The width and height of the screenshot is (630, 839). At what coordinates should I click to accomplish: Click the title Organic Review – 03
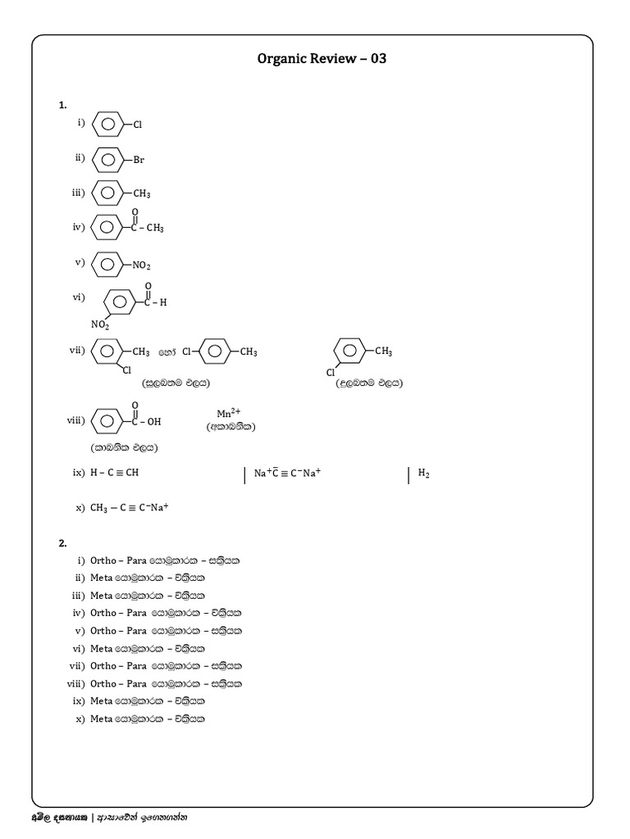(321, 60)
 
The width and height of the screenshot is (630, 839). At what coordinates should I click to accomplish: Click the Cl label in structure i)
(138, 125)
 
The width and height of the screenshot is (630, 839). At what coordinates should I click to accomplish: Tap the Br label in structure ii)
(139, 160)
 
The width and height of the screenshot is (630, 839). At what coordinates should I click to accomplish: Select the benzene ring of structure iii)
(107, 193)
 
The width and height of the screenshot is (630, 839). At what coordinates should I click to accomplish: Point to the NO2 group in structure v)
(141, 265)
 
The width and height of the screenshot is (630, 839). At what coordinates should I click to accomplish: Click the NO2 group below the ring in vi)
(100, 325)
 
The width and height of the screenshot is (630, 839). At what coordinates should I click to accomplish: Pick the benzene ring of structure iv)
(107, 228)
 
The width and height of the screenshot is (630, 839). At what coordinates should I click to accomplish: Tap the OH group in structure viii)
(154, 422)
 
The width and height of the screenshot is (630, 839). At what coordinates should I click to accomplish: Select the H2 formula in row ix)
(424, 474)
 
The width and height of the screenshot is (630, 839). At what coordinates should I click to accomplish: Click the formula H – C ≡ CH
(114, 474)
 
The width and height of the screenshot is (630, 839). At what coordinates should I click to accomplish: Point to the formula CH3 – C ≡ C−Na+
(129, 507)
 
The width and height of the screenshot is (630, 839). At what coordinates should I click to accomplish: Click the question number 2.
(62, 543)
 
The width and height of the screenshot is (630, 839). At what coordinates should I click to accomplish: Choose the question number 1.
(62, 105)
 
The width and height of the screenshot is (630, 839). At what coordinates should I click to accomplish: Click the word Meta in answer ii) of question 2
(101, 578)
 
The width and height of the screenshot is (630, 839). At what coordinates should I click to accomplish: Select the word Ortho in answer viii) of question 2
(103, 683)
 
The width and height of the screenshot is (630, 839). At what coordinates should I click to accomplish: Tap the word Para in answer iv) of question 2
(136, 613)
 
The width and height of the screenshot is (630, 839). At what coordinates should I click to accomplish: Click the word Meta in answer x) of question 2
(101, 719)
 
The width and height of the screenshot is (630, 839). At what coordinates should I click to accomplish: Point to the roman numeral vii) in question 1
(77, 350)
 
